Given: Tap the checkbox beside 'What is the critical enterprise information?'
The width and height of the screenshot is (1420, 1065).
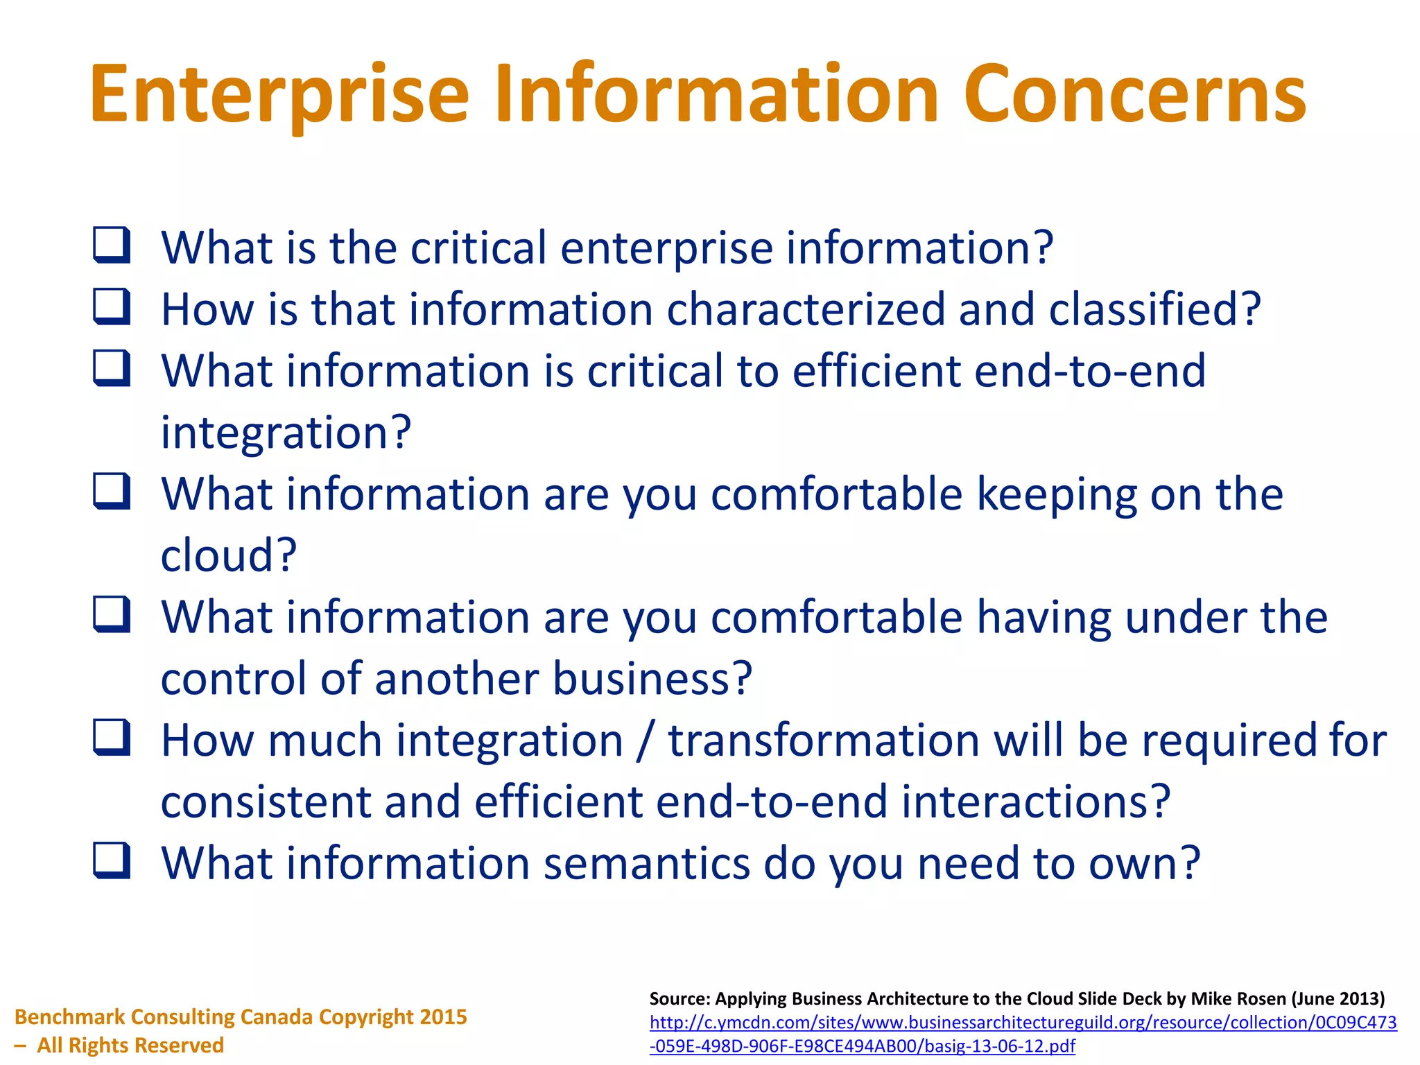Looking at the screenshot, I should (x=112, y=245).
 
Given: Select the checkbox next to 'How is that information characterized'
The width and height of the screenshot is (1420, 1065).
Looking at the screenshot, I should (x=112, y=307).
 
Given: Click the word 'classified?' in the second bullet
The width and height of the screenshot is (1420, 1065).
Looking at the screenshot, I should (x=1154, y=309).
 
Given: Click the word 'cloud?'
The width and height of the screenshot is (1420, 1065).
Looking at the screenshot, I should (x=229, y=555).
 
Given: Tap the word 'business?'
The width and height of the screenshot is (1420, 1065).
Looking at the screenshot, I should (x=652, y=678).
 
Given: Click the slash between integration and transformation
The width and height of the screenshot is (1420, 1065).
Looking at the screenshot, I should (x=646, y=741).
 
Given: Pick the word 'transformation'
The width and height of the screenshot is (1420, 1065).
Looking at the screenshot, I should (x=824, y=740).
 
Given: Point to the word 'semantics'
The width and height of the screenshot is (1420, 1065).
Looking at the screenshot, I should (x=647, y=863).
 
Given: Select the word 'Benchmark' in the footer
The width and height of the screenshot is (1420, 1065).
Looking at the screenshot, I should (x=70, y=1017).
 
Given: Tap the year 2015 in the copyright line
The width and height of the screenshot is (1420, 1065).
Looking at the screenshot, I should (x=443, y=1017).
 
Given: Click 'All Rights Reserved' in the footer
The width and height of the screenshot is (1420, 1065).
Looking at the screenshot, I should (x=130, y=1045).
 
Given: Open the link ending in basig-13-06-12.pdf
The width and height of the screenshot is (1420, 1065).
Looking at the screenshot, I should (x=862, y=1046).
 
